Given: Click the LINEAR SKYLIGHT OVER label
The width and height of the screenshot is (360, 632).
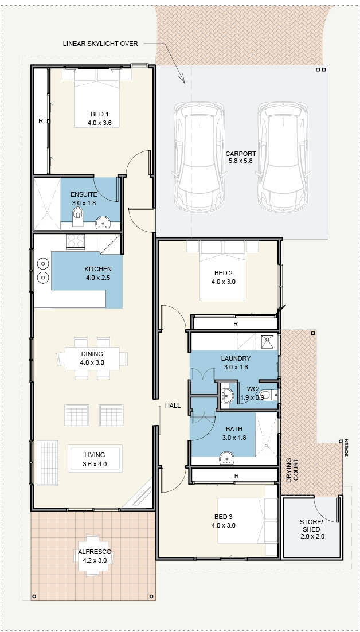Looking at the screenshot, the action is click(x=100, y=44).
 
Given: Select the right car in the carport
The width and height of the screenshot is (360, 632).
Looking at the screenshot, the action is click(x=284, y=157).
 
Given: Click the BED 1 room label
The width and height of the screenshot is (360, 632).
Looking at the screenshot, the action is click(x=97, y=119).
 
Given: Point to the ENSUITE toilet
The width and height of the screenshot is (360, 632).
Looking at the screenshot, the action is click(x=78, y=215).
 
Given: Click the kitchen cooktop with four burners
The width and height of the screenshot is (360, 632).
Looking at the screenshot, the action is click(x=76, y=241).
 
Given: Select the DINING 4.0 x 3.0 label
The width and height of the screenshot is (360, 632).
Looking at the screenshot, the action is click(x=92, y=358).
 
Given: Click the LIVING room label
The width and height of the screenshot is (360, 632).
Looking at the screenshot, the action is click(x=95, y=459).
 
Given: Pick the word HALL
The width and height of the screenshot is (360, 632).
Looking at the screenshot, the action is click(x=173, y=405).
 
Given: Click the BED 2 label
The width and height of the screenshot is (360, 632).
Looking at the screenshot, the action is click(x=223, y=278).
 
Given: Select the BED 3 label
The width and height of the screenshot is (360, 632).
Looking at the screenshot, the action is click(x=223, y=521).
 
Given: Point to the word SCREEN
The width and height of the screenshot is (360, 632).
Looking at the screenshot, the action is click(x=346, y=448).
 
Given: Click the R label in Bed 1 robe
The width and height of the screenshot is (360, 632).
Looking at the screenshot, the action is click(x=41, y=120).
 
